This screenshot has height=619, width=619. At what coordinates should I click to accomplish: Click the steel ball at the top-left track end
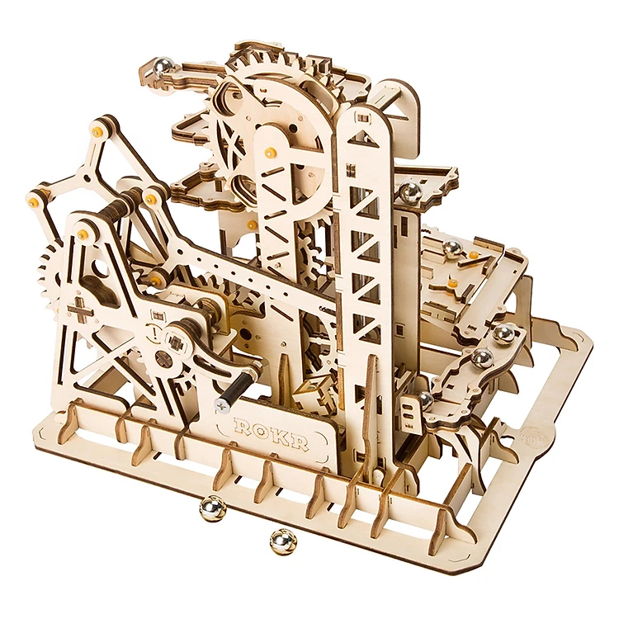pyautogui.click(x=163, y=65)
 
